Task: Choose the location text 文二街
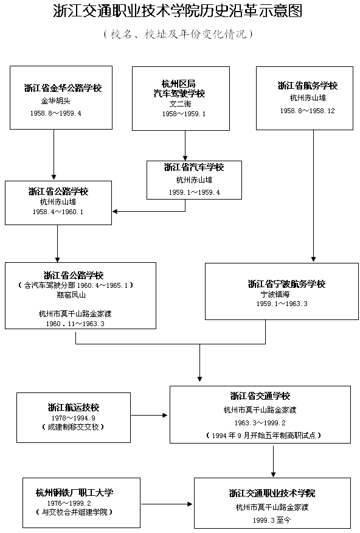click(x=180, y=103)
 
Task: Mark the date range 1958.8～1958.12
click(x=307, y=111)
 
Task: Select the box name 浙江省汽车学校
click(x=194, y=167)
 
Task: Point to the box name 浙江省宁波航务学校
click(x=286, y=284)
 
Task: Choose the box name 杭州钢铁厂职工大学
click(x=74, y=492)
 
